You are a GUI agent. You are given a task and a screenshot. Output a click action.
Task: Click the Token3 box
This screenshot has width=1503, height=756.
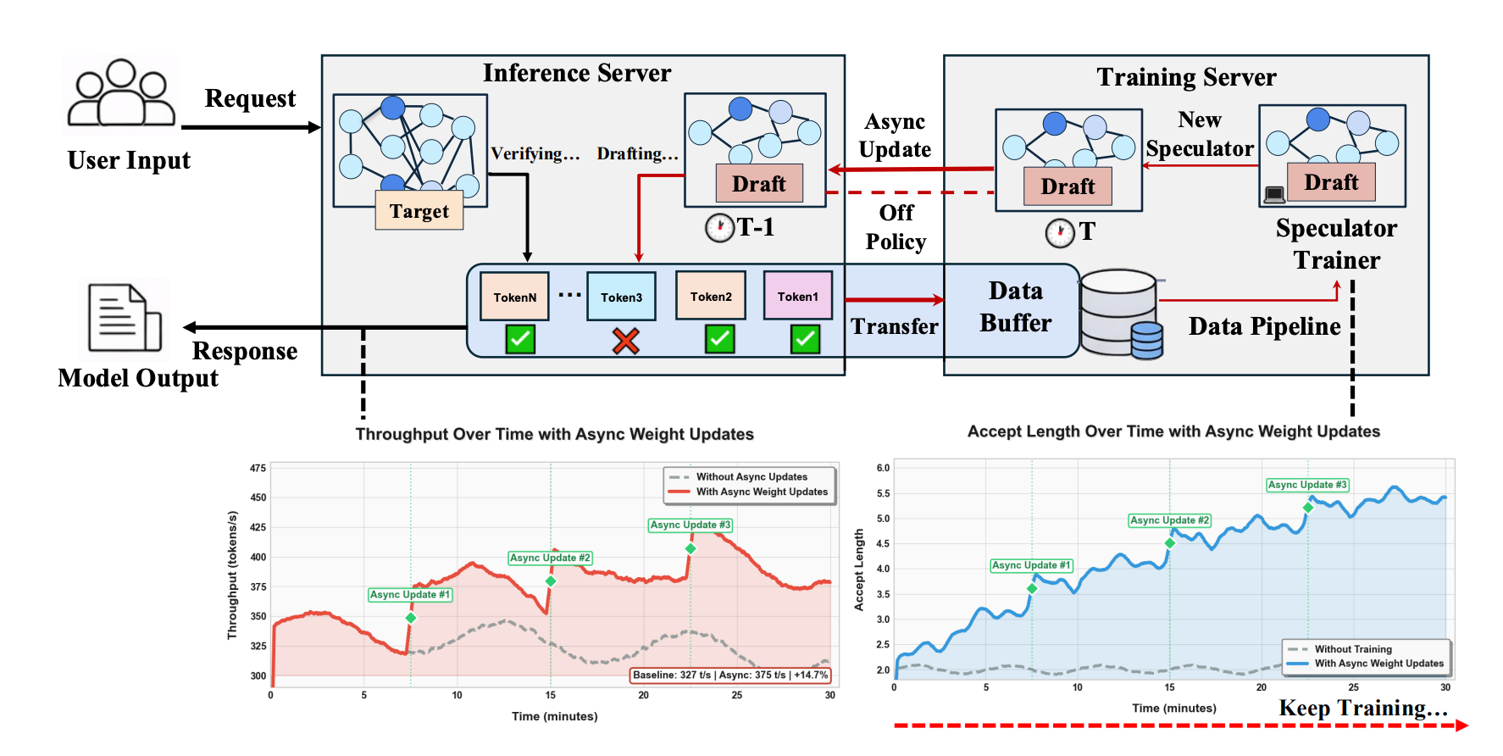621,297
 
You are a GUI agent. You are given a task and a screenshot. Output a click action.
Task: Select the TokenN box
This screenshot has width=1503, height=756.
514,297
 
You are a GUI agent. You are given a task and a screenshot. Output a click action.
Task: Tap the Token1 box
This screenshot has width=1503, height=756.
798,296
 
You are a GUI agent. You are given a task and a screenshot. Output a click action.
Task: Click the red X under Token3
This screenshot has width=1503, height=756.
625,341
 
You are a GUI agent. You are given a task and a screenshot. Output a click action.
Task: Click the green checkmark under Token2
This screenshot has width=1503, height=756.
719,339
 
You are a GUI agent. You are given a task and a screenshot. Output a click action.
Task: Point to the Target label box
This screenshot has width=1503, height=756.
419,211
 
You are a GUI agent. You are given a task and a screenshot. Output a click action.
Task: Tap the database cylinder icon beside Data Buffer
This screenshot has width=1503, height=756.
1121,314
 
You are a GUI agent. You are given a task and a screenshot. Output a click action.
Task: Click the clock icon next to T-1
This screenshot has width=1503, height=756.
719,227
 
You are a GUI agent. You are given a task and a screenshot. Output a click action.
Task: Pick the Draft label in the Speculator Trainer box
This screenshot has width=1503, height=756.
1331,182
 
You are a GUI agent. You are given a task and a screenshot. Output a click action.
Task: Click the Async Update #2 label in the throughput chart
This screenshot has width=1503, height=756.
550,558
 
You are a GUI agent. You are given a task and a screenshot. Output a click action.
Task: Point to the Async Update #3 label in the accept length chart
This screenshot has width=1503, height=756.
1307,485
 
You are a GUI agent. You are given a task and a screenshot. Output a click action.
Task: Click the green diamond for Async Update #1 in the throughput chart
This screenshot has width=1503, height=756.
411,618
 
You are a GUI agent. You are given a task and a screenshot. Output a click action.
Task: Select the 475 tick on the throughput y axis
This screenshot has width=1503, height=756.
258,468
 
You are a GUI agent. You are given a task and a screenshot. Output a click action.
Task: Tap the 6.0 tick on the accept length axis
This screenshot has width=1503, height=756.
883,468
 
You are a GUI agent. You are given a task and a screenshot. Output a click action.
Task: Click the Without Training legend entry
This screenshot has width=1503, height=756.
1352,649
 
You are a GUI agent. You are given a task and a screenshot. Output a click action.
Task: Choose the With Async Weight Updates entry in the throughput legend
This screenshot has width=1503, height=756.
761,492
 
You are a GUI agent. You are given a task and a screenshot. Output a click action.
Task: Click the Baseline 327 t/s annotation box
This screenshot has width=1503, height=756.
730,675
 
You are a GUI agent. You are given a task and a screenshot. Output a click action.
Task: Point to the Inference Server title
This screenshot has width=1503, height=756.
577,74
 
